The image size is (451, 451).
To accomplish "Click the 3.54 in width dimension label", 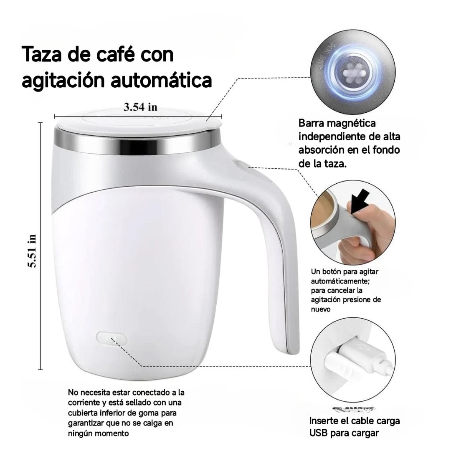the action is [140, 107].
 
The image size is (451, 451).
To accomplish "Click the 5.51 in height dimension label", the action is [32, 251].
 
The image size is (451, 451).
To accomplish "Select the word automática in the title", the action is [162, 81].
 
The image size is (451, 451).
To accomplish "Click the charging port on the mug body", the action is [111, 339].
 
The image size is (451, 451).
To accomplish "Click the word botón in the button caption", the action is [334, 272].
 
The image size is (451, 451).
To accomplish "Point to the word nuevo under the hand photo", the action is [320, 309].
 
